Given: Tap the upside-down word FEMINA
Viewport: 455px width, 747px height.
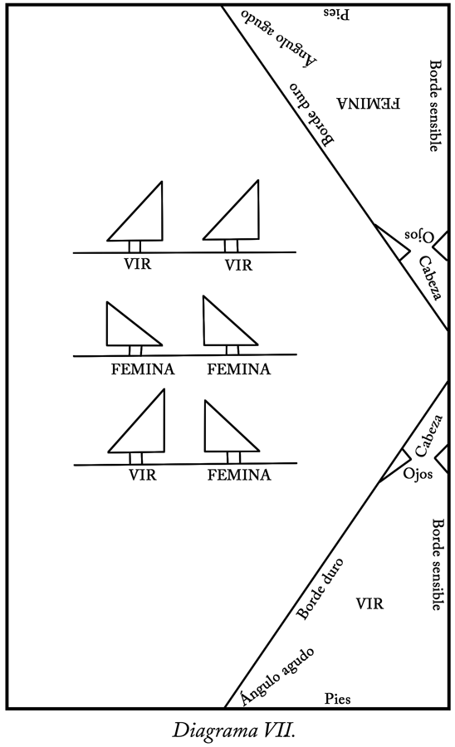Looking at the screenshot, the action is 369,104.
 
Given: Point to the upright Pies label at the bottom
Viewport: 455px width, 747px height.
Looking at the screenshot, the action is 338,699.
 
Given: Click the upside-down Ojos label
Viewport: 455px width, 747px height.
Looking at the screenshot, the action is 418,236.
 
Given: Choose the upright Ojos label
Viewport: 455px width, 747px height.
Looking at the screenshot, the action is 418,474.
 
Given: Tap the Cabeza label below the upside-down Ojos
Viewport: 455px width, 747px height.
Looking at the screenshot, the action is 430,278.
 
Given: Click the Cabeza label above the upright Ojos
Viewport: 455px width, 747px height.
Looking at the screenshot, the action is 428,436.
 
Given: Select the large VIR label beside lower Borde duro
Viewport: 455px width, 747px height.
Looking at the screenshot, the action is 369,604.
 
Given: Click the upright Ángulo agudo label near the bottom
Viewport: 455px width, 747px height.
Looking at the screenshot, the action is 277,676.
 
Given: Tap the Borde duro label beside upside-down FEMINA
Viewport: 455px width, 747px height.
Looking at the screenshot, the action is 312,115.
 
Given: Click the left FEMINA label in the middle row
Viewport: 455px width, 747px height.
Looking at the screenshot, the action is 143,369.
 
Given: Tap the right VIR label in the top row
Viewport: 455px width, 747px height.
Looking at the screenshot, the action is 238,265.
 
